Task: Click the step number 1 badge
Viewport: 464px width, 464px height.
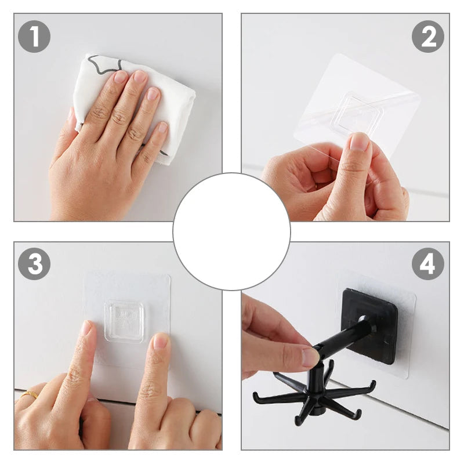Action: tap(34, 37)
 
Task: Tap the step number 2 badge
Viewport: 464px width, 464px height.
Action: tap(428, 37)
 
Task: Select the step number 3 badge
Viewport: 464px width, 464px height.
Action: tap(34, 264)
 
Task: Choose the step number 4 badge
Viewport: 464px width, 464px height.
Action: tap(428, 264)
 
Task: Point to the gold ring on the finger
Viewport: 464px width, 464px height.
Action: tap(30, 395)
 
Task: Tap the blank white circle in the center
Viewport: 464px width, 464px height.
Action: tap(231, 231)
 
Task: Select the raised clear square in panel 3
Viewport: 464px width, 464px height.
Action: tap(124, 321)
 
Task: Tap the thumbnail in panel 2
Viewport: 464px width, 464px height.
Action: tap(359, 143)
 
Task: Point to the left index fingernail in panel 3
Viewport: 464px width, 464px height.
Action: tap(86, 328)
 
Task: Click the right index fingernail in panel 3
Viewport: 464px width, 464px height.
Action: tap(161, 341)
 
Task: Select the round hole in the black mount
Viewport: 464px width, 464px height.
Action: tap(362, 319)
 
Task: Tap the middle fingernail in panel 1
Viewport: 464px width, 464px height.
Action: tap(140, 76)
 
